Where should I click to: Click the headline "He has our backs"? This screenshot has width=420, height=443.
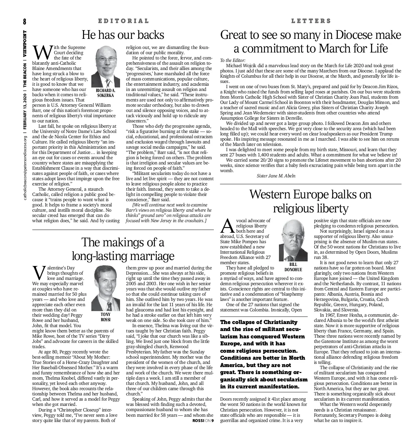123,35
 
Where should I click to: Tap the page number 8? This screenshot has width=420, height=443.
25,22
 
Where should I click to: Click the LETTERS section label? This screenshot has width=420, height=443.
311,21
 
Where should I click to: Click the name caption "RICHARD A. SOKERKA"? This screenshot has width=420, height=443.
105,93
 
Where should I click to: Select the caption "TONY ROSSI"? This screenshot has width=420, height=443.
105,317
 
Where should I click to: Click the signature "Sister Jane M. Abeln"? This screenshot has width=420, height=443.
276,176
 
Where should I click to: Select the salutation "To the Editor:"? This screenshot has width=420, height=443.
233,60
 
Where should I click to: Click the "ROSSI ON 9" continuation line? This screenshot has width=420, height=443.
203,421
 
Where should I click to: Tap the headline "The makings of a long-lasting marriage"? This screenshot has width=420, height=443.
123,249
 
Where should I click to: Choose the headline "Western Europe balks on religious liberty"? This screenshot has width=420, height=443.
310,201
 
